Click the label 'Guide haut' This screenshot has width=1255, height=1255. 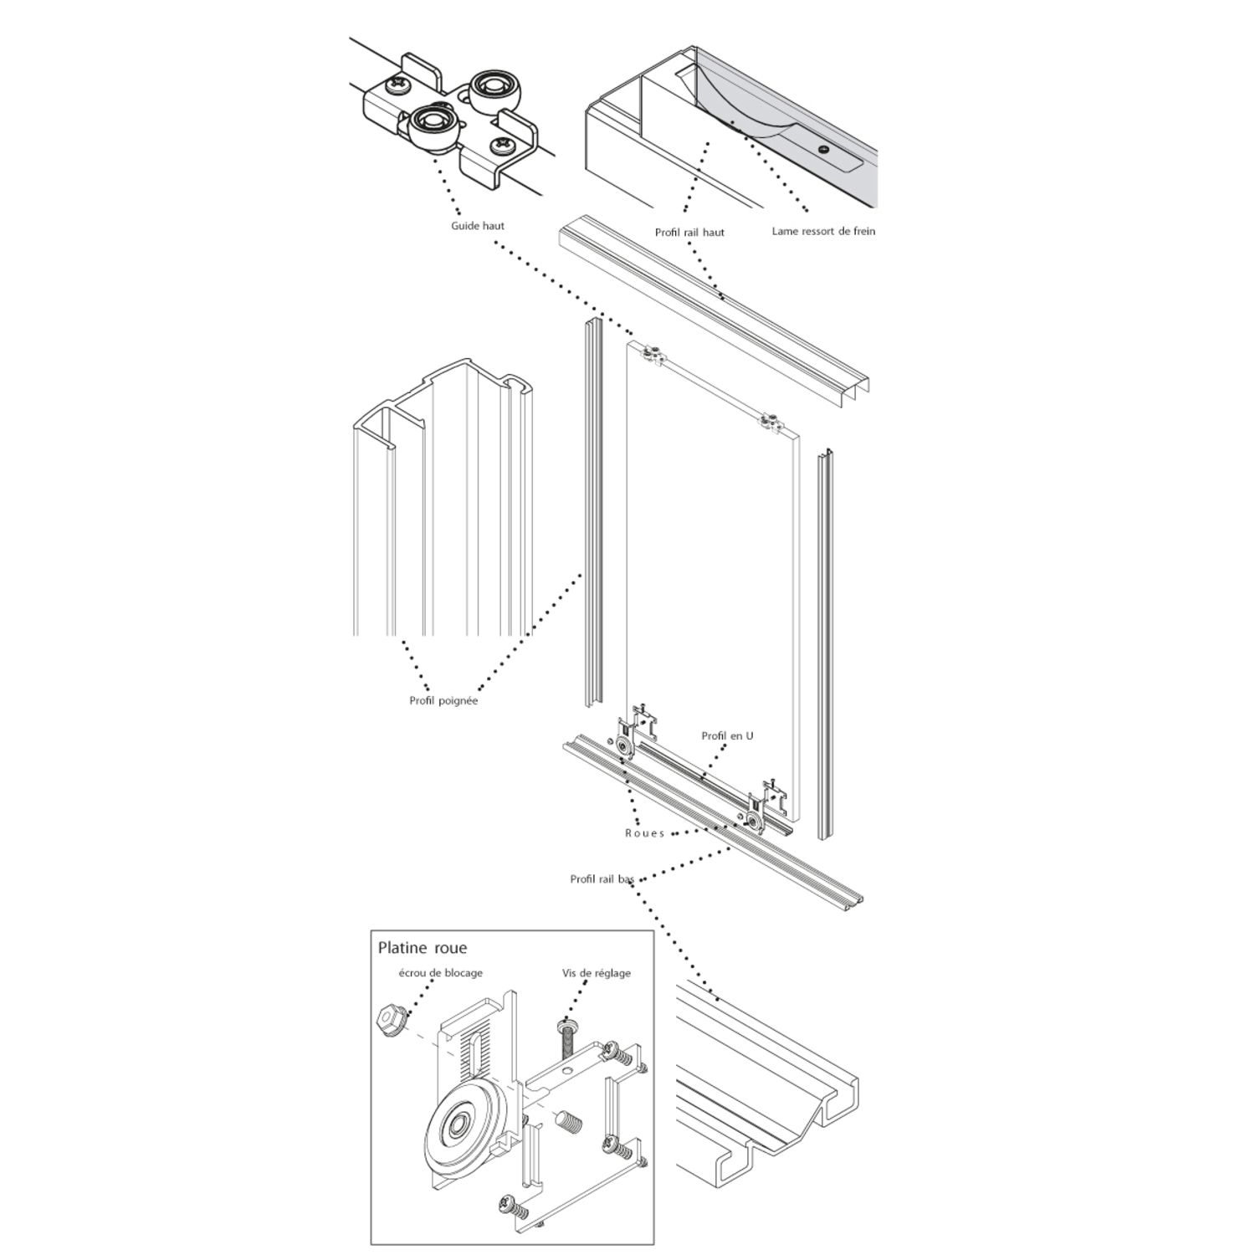click(x=478, y=226)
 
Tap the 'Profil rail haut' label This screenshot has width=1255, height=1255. click(x=689, y=232)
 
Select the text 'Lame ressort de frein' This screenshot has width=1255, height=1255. click(x=823, y=231)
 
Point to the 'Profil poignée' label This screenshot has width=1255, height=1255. click(x=443, y=701)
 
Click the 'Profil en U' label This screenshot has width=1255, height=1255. click(x=727, y=735)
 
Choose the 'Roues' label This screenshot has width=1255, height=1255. click(x=644, y=833)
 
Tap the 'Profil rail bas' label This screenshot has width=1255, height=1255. click(x=602, y=879)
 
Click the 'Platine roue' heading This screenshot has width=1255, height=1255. click(x=423, y=948)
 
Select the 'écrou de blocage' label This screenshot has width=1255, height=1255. click(x=441, y=973)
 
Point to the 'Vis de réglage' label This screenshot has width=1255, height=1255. click(x=597, y=973)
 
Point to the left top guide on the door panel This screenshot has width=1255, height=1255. click(x=652, y=354)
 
